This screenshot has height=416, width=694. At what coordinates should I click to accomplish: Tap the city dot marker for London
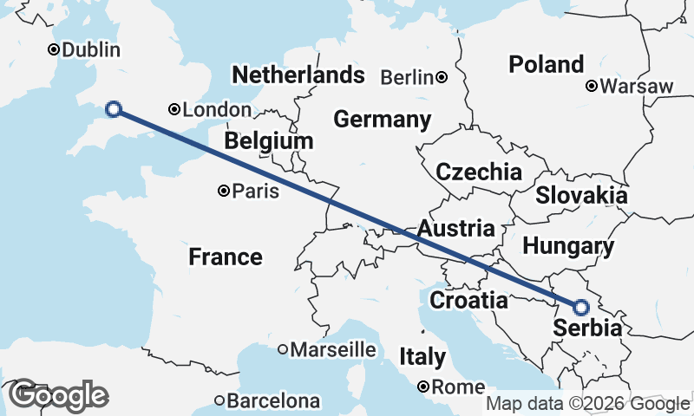(x=174, y=109)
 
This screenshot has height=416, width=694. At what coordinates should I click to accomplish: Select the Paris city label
(x=257, y=191)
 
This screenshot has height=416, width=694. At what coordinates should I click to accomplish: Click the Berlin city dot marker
(x=442, y=77)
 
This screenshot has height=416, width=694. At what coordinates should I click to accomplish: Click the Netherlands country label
(x=298, y=75)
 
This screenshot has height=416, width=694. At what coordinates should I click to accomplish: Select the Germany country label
(x=382, y=120)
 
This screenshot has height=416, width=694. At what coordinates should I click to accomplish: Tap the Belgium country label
(x=268, y=140)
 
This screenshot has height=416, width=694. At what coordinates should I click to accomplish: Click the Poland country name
(x=546, y=64)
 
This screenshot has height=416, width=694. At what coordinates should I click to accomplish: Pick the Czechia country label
(x=479, y=171)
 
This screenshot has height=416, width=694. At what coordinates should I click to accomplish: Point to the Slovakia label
(x=580, y=195)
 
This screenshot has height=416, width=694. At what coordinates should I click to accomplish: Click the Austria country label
(x=455, y=229)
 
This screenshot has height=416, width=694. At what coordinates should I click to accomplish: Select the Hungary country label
(x=568, y=246)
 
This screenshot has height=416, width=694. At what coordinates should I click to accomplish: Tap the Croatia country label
(x=468, y=301)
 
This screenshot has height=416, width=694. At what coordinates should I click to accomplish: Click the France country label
(x=226, y=257)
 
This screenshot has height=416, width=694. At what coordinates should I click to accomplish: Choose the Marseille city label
(x=333, y=350)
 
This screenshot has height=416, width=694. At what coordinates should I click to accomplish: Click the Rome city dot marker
(x=424, y=386)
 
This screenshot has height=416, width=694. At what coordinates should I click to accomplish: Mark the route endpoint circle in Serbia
(x=580, y=307)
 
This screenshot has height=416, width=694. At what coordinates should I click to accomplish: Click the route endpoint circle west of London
(x=113, y=108)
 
